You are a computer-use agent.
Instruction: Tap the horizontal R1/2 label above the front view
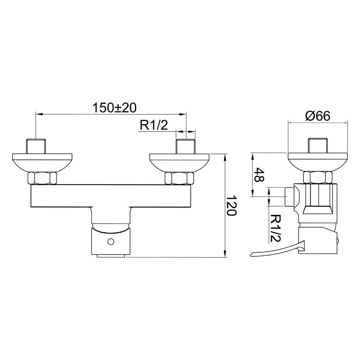tap(154, 125)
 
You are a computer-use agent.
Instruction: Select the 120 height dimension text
tap(231, 205)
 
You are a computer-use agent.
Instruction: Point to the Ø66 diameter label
tap(318, 116)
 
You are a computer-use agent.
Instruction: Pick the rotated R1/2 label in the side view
tap(275, 228)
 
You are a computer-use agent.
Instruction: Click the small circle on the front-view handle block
tap(111, 242)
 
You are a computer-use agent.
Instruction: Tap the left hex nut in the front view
tap(42, 178)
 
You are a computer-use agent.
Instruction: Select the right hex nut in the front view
tap(179, 178)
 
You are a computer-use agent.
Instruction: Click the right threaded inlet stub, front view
tap(185, 146)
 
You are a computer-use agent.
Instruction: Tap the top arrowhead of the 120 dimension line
tap(225, 158)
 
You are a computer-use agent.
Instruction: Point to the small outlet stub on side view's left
tap(289, 197)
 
